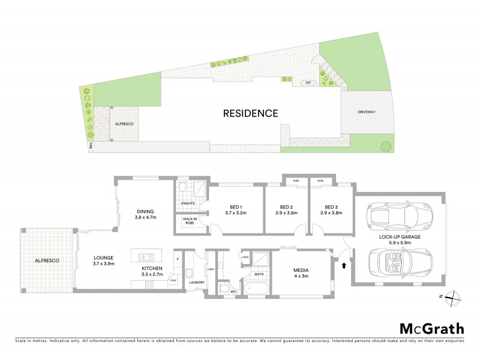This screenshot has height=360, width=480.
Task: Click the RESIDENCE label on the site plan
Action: (250, 113)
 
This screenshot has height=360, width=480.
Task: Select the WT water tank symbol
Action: (308, 83)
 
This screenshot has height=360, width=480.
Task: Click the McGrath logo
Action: (431, 328)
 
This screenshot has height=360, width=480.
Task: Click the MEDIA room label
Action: (300, 271)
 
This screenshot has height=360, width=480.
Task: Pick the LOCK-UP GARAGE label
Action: (398, 237)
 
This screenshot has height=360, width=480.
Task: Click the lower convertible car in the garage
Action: (398, 263)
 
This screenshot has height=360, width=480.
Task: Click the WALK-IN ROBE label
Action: (191, 221)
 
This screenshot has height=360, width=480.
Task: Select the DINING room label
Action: (146, 212)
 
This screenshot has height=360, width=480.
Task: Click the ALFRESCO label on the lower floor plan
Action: (46, 260)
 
